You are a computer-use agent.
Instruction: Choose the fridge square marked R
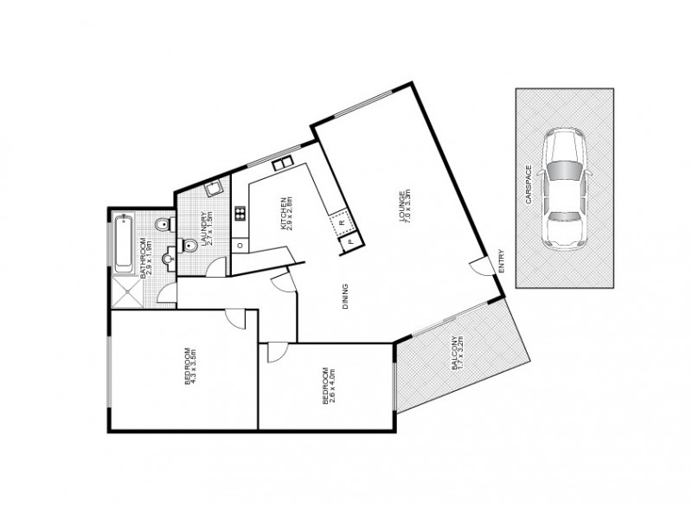click(x=342, y=223)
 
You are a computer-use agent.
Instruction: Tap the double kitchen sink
click(x=283, y=163)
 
